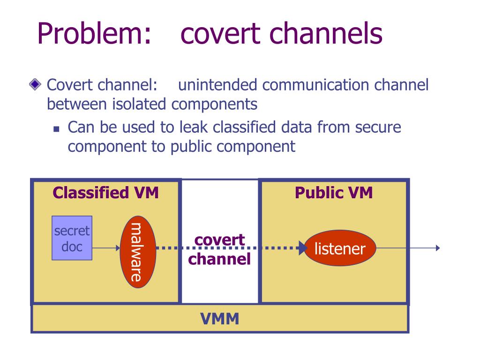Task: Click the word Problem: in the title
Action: pyautogui.click(x=94, y=34)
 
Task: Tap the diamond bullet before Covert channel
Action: pyautogui.click(x=35, y=84)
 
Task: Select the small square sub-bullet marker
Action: pyautogui.click(x=56, y=129)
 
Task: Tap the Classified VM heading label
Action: pyautogui.click(x=105, y=193)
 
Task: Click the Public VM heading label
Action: pyautogui.click(x=334, y=193)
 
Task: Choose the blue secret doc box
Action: pyautogui.click(x=72, y=238)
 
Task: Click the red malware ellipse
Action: pyautogui.click(x=138, y=252)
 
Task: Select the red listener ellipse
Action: pyautogui.click(x=340, y=248)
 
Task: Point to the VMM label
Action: pyautogui.click(x=220, y=319)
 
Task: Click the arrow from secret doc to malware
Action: pyautogui.click(x=106, y=248)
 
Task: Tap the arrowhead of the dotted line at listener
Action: pyautogui.click(x=303, y=248)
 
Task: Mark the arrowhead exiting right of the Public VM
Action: pyautogui.click(x=438, y=248)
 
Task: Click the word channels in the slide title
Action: pyautogui.click(x=326, y=34)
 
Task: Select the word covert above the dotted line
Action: pyautogui.click(x=219, y=240)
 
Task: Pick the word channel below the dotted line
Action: pyautogui.click(x=219, y=259)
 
